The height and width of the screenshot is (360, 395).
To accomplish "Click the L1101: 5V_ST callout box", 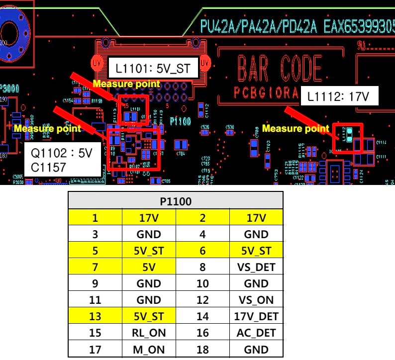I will (153, 68).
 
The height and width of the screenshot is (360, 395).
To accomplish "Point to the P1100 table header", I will (176, 201).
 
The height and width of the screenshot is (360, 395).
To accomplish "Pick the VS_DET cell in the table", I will (256, 267).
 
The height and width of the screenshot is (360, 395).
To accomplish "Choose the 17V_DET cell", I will (256, 316).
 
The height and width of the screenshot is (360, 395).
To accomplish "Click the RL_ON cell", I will (149, 333).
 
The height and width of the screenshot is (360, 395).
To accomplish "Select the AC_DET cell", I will (256, 333).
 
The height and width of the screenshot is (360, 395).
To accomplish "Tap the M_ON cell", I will (149, 349).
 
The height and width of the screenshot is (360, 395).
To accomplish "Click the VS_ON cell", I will (256, 300).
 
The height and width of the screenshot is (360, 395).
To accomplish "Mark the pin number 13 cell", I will (95, 316).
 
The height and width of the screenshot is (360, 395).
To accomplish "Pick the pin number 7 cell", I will (95, 267).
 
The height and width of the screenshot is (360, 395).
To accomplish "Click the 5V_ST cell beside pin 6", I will (256, 251).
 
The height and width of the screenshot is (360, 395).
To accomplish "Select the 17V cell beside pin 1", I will (149, 218).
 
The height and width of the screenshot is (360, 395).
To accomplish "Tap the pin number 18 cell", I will (202, 349).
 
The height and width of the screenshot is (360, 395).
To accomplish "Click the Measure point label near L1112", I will (296, 129).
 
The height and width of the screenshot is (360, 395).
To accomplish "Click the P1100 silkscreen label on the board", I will (180, 121).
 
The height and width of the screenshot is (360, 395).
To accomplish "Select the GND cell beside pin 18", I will (256, 349).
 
